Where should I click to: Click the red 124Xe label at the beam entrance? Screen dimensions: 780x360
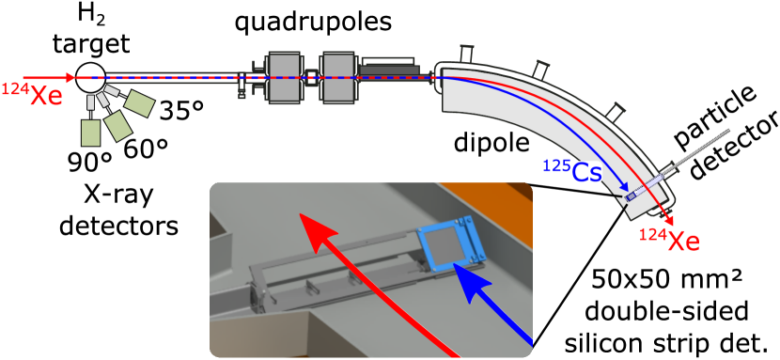(x=33, y=94)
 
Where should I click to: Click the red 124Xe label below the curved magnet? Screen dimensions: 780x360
(x=669, y=239)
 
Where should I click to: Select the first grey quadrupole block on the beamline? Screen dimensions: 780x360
(x=284, y=77)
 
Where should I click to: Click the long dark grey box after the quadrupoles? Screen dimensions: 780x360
(x=389, y=68)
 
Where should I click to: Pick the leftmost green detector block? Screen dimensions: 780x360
(x=91, y=132)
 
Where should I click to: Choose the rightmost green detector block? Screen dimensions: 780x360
(x=139, y=102)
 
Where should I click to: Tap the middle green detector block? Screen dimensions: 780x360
(x=118, y=126)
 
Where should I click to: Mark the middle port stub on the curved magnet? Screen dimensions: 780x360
(x=539, y=69)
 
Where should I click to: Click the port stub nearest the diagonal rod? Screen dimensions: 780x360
(x=615, y=113)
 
